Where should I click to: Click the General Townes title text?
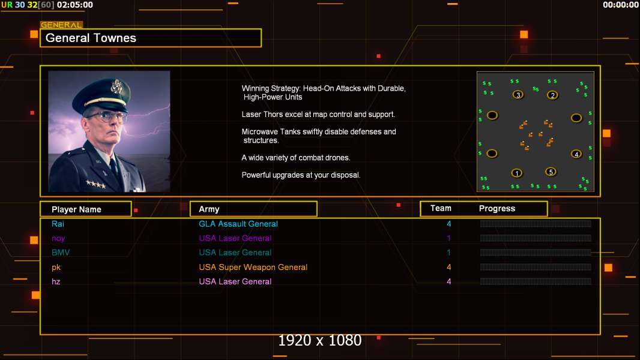click(x=91, y=38)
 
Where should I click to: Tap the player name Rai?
click(x=58, y=224)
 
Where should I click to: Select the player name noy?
click(x=58, y=239)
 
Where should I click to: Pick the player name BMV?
click(x=61, y=253)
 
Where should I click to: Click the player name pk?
click(x=56, y=268)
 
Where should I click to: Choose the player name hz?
click(x=56, y=282)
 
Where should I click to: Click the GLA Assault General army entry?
click(x=238, y=224)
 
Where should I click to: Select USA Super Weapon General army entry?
click(x=253, y=267)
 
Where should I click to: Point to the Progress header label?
click(x=497, y=208)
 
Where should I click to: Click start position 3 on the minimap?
click(x=518, y=95)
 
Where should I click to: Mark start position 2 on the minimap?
click(x=553, y=95)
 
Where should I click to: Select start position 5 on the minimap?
click(x=551, y=172)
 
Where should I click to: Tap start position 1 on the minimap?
click(x=516, y=173)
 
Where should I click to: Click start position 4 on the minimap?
click(x=576, y=154)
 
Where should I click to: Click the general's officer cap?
click(x=103, y=95)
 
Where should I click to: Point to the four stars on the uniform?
click(x=96, y=184)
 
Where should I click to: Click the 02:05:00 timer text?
click(x=74, y=5)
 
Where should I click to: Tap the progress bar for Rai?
click(x=536, y=223)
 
